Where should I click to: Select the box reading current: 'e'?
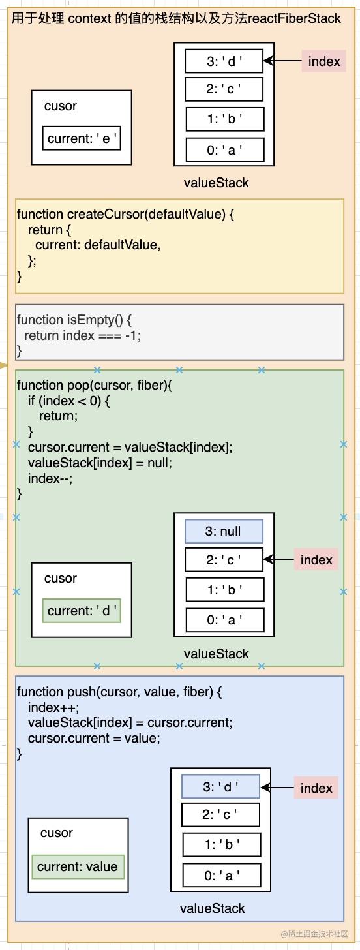pos(82,138)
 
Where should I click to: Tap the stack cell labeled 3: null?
pos(224,531)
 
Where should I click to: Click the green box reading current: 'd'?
pos(82,611)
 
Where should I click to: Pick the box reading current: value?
pos(78,866)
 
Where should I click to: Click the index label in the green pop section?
pos(316,560)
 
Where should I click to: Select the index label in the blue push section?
pos(316,788)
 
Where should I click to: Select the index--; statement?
pos(50,478)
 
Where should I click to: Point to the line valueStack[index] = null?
pos(100,463)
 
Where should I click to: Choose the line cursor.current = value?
pos(94,738)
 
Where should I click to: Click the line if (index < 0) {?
pos(68,401)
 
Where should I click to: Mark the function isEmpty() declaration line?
pos(74,320)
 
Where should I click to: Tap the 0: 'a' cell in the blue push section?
pos(221,876)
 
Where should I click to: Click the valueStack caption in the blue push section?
pos(213,908)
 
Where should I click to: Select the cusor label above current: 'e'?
pos(61,106)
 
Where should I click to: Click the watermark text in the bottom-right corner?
pos(314,934)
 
